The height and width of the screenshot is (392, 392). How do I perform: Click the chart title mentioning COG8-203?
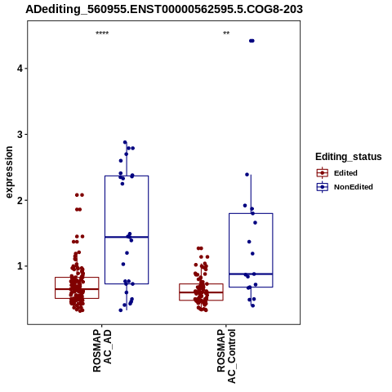pyautogui.click(x=164, y=9)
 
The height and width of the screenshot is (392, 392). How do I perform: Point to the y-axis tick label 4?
pyautogui.click(x=20, y=69)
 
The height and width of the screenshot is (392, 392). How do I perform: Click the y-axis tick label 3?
pyautogui.click(x=20, y=134)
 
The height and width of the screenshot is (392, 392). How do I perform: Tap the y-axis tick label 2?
pyautogui.click(x=20, y=200)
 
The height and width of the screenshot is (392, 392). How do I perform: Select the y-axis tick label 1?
pyautogui.click(x=20, y=266)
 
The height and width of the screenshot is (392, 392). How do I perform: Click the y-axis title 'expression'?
pyautogui.click(x=9, y=172)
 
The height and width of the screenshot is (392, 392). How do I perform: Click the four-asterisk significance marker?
pyautogui.click(x=102, y=33)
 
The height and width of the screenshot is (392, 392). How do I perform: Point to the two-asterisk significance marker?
pyautogui.click(x=226, y=33)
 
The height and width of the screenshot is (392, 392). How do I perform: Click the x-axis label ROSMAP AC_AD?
pyautogui.click(x=102, y=351)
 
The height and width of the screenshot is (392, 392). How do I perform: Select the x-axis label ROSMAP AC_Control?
pyautogui.click(x=226, y=356)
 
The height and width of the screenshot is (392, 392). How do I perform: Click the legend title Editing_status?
pyautogui.click(x=349, y=157)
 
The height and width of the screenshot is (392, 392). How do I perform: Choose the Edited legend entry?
pyautogui.click(x=337, y=173)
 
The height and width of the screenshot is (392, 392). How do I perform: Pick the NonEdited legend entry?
pyautogui.click(x=345, y=187)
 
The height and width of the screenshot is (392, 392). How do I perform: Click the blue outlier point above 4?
pyautogui.click(x=252, y=41)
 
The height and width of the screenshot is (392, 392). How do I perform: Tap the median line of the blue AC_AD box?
pyautogui.click(x=127, y=237)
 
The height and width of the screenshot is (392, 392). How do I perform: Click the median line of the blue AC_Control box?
pyautogui.click(x=251, y=274)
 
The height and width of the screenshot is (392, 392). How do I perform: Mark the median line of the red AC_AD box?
pyautogui.click(x=77, y=289)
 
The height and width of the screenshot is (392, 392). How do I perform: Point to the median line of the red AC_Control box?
pyautogui.click(x=201, y=292)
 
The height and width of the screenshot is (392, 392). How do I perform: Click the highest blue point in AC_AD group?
pyautogui.click(x=125, y=142)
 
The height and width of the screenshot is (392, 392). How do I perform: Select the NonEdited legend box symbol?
pyautogui.click(x=323, y=187)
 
